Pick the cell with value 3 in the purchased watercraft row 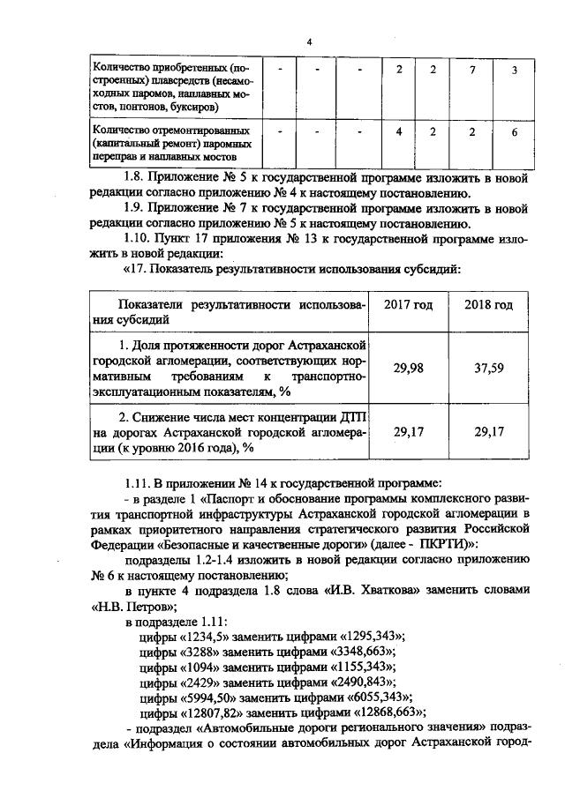515,70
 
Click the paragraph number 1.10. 140,238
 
